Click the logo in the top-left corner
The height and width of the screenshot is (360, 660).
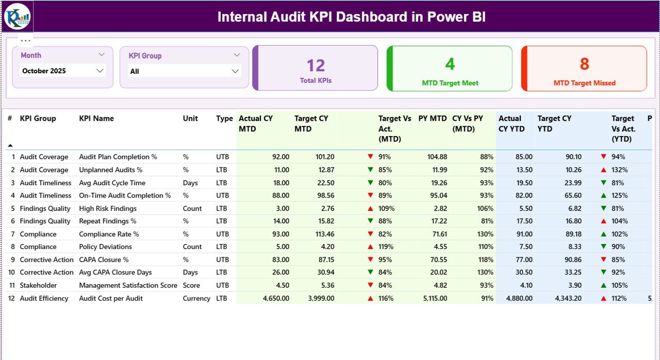[17, 17]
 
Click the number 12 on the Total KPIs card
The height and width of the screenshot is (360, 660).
[316, 66]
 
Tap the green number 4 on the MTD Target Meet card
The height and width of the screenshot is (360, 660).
[450, 64]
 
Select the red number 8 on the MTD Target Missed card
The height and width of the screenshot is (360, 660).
[584, 64]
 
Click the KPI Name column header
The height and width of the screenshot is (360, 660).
[96, 118]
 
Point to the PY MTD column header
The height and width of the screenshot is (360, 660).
[432, 118]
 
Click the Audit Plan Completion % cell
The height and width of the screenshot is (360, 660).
[118, 157]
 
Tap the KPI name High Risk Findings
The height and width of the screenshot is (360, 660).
[108, 208]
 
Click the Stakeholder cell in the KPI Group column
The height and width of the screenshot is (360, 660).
[38, 285]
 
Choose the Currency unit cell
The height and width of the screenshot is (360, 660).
[196, 298]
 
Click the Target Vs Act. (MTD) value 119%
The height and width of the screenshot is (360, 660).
[386, 247]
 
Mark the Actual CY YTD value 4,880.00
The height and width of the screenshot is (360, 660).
[519, 298]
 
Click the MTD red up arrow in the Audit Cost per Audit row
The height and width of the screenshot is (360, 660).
[370, 298]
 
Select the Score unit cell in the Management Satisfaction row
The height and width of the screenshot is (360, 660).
[191, 285]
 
